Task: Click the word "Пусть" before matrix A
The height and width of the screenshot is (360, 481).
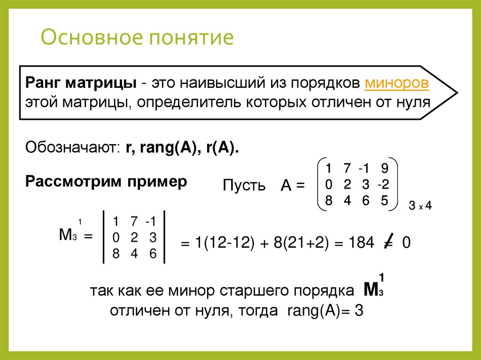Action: click(244, 185)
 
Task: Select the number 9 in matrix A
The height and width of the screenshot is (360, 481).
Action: click(385, 168)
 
